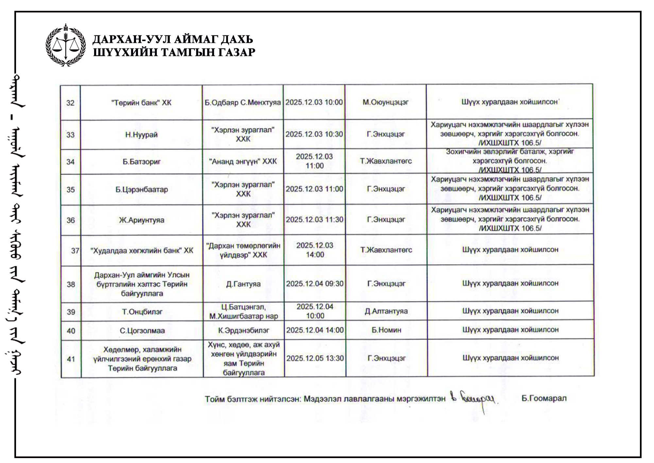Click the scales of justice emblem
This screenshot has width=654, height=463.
point(66,45)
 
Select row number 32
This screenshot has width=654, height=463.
point(70,103)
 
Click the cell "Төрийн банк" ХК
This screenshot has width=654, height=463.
point(141,103)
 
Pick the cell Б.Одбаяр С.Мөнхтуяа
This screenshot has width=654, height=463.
point(243,102)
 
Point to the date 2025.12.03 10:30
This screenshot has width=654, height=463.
point(314,134)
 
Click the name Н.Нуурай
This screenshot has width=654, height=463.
point(141,135)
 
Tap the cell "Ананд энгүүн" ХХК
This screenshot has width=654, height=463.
point(243,161)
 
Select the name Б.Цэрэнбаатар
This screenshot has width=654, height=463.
point(142,190)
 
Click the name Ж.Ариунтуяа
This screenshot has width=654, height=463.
point(142,220)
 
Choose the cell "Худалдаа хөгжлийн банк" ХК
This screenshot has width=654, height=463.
point(142,250)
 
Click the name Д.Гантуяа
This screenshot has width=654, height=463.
point(243,284)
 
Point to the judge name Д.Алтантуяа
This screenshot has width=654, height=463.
point(386,311)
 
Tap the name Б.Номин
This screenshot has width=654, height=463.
point(386,330)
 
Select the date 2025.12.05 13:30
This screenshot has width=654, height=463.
point(315,358)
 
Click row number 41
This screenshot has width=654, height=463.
point(71,359)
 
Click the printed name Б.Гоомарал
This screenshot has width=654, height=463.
point(544,398)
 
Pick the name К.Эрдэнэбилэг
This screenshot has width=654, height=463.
point(244,330)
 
